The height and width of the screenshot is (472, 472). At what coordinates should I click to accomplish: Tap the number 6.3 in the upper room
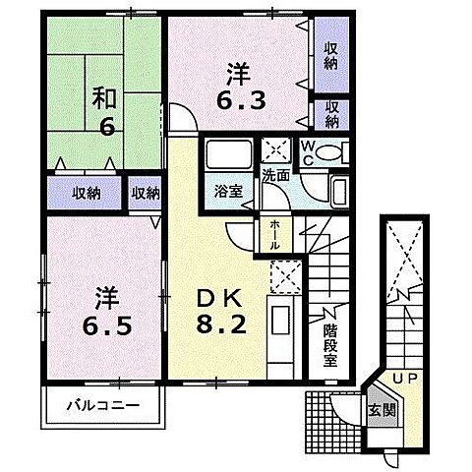[x=240, y=99]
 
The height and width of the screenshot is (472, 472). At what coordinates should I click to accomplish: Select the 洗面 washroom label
[x=274, y=175]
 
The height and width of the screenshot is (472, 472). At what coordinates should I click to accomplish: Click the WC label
[x=308, y=154]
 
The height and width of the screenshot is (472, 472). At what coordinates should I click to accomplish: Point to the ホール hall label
[x=274, y=235]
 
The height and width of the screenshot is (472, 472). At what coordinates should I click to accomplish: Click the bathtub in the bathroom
[x=226, y=155]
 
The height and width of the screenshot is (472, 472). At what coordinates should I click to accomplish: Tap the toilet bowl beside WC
[x=332, y=154]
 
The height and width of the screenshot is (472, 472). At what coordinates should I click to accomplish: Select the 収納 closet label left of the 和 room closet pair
[x=85, y=193]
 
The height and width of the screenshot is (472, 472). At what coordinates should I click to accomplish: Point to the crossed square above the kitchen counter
[x=283, y=274]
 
